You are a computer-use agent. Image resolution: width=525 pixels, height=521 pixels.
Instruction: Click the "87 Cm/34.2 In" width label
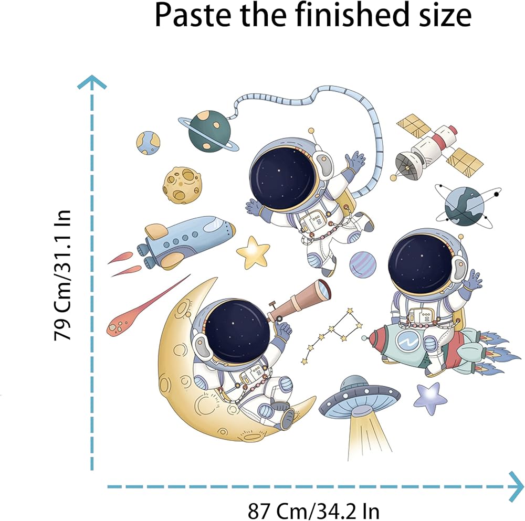[313, 509]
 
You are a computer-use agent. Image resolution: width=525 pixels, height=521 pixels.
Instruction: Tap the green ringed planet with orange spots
[208, 130]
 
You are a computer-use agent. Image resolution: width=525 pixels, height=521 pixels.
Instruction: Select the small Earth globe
[149, 143]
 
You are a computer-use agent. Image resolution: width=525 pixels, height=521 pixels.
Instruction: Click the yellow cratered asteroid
[182, 185]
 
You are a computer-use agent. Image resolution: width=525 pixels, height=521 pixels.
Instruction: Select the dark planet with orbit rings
[465, 206]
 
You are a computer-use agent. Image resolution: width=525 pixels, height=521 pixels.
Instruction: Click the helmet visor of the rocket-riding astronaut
[420, 263]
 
